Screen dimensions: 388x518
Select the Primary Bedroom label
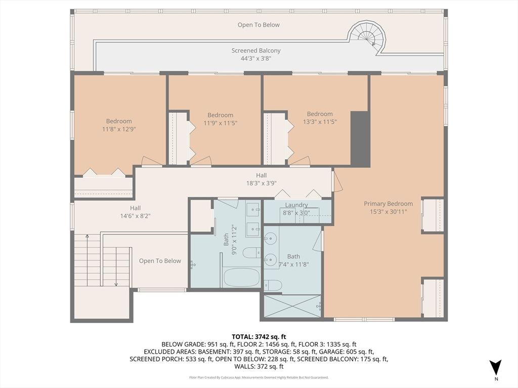(388, 204)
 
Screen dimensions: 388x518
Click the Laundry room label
(296, 205)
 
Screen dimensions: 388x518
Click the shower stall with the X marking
(292, 306)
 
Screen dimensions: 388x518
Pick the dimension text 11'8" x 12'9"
(119, 129)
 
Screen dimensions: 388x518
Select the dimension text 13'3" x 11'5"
(320, 122)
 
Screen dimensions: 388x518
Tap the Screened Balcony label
(256, 51)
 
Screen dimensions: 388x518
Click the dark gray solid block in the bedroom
(360, 139)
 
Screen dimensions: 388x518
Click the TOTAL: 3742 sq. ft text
(259, 336)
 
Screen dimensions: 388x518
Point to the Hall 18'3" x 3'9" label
(262, 179)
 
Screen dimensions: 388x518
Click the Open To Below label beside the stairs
(160, 261)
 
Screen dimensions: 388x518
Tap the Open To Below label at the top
(258, 25)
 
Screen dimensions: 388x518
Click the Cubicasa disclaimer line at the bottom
(259, 377)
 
